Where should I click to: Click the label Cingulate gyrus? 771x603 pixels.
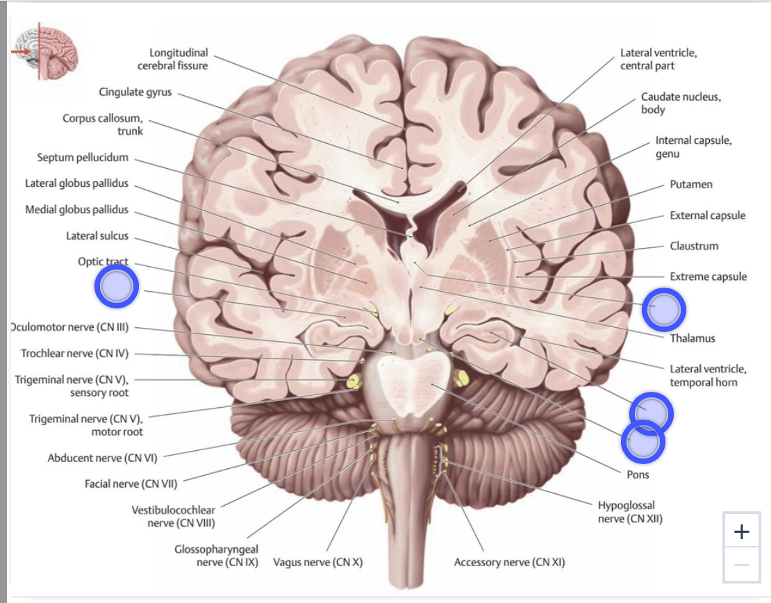pos(135,92)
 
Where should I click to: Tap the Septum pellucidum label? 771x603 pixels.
pos(83,158)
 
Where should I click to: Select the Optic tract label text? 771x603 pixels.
pos(103,261)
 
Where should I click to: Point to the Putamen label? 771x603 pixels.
pos(691,184)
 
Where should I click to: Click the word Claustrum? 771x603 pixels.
pos(694,246)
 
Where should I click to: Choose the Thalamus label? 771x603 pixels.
pos(693,338)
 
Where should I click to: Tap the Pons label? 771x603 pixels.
pos(638,474)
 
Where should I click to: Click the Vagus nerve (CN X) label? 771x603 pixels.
pos(317,562)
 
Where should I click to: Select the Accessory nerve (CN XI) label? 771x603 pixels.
pos(509,562)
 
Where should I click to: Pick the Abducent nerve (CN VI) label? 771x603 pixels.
pos(102,458)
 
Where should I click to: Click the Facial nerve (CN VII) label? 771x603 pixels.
pos(131,484)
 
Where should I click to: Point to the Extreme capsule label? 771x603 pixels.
pos(708,277)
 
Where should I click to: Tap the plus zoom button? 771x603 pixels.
pos(742,531)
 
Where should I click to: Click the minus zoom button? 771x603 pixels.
pos(742,565)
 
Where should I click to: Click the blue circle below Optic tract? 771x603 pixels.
pos(117,286)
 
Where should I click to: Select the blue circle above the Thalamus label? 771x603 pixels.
pos(663,310)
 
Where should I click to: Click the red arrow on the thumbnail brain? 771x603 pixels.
pos(21,51)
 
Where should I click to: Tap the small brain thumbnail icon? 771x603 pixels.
pos(45,51)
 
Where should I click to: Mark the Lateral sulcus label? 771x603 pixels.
pos(97,236)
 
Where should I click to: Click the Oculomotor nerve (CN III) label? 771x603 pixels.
pos(69,327)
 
